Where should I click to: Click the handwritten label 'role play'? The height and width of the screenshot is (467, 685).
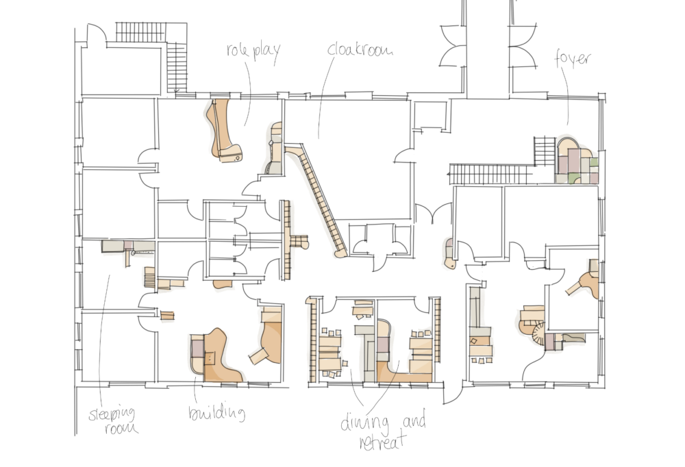coord(253,51)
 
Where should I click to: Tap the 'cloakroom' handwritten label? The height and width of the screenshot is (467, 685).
coord(360,49)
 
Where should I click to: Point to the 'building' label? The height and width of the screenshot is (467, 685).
coord(216,413)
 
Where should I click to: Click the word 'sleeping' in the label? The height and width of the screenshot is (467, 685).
coord(112,414)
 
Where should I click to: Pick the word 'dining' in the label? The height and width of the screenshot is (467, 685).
coord(364,422)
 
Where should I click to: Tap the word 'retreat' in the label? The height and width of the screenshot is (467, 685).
coord(383,441)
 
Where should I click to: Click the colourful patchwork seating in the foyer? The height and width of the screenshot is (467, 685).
coord(577,161)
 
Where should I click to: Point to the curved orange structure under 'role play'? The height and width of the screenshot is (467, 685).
coord(223,131)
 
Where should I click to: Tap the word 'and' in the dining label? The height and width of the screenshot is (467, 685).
coord(414,421)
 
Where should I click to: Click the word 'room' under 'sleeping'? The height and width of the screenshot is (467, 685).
coord(121,428)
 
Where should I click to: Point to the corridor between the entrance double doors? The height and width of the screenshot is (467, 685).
coord(488,48)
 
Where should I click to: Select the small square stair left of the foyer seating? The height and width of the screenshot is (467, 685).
coord(545,151)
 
